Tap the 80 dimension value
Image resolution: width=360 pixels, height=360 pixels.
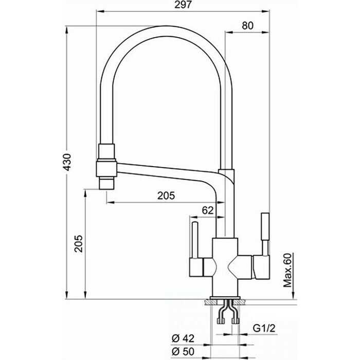248,25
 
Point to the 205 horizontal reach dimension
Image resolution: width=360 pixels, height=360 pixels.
166,195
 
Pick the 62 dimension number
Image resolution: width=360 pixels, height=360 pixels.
207,210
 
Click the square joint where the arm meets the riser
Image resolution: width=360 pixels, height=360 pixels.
226,177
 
